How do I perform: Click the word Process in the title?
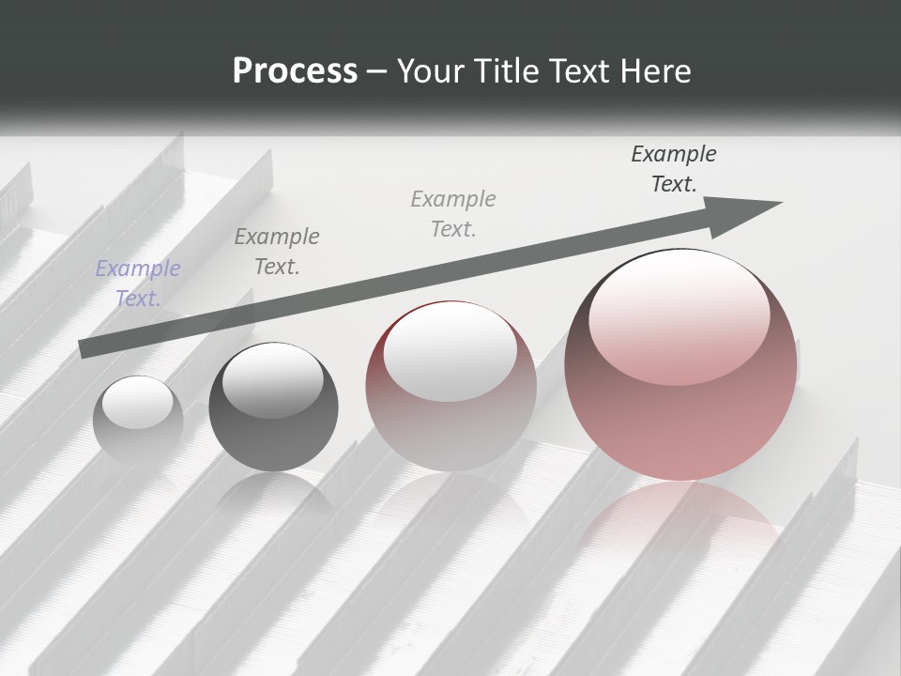tap(295, 71)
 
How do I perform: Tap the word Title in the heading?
tap(502, 71)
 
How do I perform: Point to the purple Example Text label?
tap(138, 284)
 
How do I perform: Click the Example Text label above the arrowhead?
tap(674, 169)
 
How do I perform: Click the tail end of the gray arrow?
tap(86, 348)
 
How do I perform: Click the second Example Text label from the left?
tap(277, 252)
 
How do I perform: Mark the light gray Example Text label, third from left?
tap(453, 214)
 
